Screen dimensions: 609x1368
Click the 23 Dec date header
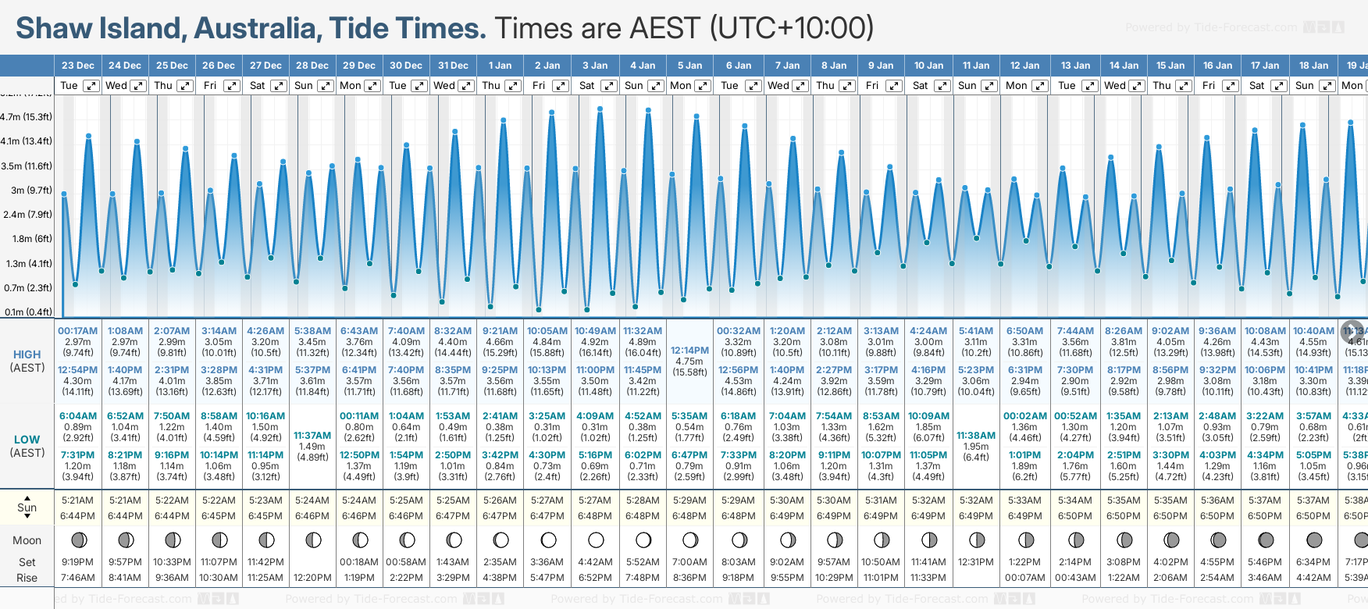[x=77, y=66]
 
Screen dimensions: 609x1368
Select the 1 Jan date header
[x=500, y=66]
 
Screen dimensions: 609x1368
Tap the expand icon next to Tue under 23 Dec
[x=91, y=86]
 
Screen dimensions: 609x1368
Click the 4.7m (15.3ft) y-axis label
[x=27, y=117]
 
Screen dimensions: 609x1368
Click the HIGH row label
[x=27, y=354]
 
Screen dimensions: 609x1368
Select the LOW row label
[x=27, y=440]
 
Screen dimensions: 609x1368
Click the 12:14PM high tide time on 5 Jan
[x=689, y=351]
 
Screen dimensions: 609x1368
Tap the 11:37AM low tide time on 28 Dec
[x=312, y=436]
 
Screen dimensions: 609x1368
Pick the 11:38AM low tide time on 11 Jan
[x=976, y=436]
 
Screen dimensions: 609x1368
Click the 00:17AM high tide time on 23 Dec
[x=77, y=331]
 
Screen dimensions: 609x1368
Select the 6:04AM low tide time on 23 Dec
[x=77, y=416]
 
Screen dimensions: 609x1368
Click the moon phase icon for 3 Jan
[x=596, y=540]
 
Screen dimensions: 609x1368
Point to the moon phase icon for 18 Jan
[x=1314, y=540]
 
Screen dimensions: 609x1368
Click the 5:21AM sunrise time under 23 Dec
[x=77, y=500]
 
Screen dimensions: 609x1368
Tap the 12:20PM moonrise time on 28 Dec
[x=312, y=578]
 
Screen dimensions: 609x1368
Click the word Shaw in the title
[x=54, y=28]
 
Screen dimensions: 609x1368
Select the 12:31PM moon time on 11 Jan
[x=976, y=562]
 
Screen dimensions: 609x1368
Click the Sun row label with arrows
[x=27, y=507]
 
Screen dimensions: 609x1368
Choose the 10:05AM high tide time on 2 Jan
[x=547, y=331]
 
